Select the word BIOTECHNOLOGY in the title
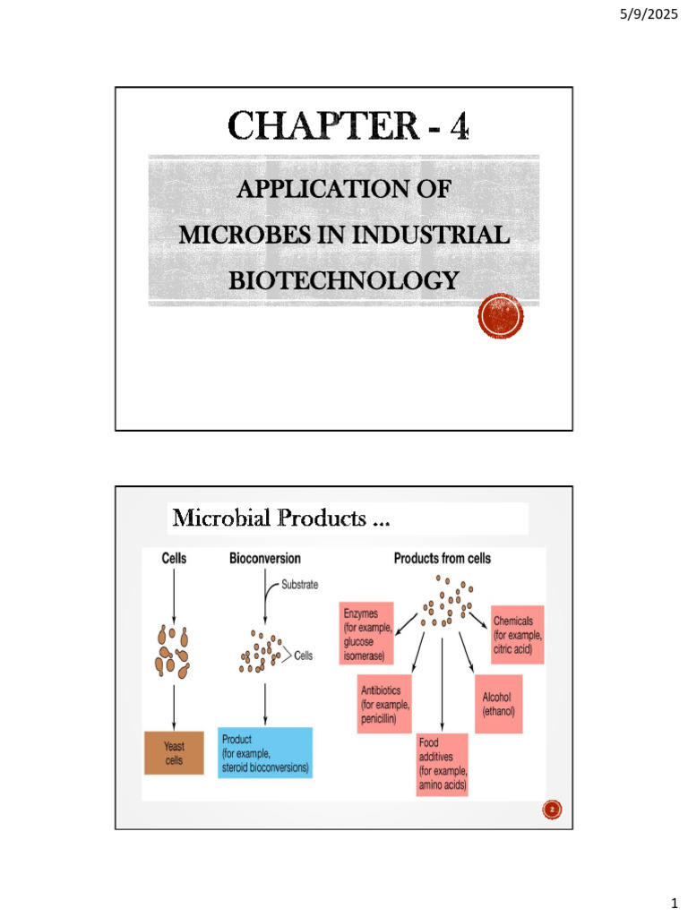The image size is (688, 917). click(343, 280)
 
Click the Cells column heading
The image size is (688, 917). click(174, 559)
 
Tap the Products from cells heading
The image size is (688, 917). click(442, 559)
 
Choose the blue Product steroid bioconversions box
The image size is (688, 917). click(265, 753)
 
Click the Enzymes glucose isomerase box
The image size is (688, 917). click(365, 634)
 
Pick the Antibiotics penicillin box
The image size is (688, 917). click(385, 704)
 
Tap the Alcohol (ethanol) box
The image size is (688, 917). click(499, 704)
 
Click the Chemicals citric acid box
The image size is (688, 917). click(517, 634)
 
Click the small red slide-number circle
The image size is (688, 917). click(552, 810)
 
